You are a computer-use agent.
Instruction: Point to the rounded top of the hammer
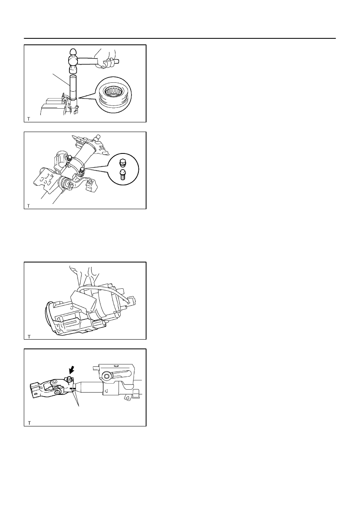[73, 52]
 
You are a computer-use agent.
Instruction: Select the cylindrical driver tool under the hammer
[73, 88]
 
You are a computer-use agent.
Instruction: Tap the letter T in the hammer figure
[29, 119]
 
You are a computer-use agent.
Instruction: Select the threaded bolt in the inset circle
[123, 174]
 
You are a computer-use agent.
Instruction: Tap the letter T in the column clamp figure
[29, 206]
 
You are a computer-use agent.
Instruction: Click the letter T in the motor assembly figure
[29, 336]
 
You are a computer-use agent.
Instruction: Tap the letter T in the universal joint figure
[29, 423]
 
